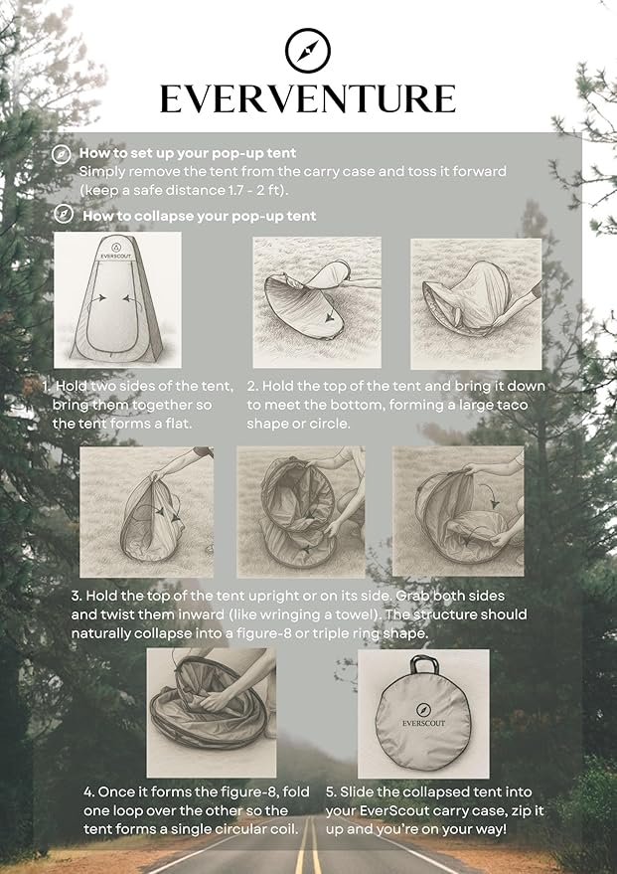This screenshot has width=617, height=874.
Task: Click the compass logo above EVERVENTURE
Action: pos(308,51)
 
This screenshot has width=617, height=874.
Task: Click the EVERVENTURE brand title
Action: pos(308,99)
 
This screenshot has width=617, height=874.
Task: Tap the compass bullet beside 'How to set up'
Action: pos(62,154)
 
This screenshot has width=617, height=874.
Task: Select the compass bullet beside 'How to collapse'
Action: pos(64,214)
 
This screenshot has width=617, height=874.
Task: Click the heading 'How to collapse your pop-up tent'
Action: pos(200,216)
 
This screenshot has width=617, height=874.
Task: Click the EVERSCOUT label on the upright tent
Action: pos(116,257)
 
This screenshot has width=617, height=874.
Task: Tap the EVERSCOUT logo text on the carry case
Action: pos(424,723)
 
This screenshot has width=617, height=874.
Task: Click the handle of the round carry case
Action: pos(424,664)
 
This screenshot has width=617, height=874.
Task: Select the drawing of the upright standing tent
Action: pos(117,299)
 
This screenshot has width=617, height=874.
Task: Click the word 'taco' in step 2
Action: pos(512,405)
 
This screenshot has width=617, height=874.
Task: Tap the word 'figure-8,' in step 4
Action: pos(256,792)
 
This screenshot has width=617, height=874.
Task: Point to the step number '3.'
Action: pos(77,596)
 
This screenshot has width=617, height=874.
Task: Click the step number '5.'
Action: pos(331,792)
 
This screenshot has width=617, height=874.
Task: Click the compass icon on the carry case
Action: pos(424,710)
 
